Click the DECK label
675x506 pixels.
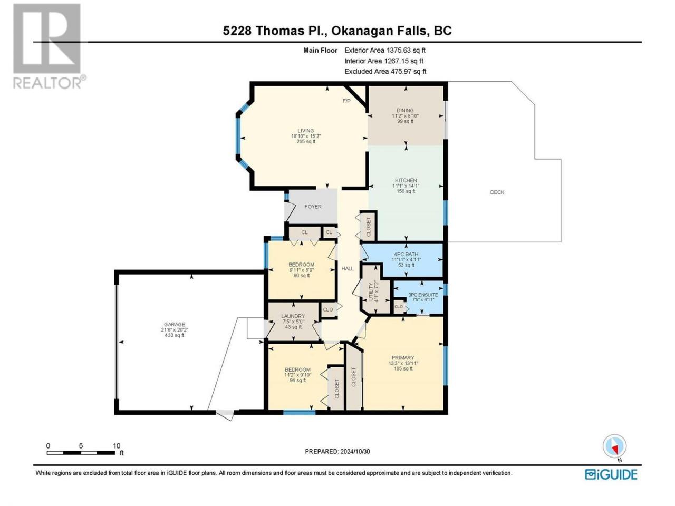coord(497,192)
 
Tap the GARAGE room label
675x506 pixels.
coord(175,324)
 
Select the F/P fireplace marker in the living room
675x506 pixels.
coord(346,101)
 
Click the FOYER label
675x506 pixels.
coord(313,207)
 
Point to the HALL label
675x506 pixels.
coord(348,268)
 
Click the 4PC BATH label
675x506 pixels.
coord(406,254)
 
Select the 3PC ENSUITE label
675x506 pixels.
coord(423,295)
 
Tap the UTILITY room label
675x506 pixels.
coord(371,291)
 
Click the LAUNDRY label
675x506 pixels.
coord(293,316)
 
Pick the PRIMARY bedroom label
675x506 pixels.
coord(403,357)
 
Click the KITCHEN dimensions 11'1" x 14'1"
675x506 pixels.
coord(406,186)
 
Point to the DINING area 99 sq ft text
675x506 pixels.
coord(405,121)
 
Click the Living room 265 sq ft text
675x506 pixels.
coord(306,142)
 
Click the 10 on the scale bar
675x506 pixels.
coord(116,446)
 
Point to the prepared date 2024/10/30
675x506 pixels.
coord(355,451)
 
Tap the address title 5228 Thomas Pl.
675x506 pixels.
coord(275,31)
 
